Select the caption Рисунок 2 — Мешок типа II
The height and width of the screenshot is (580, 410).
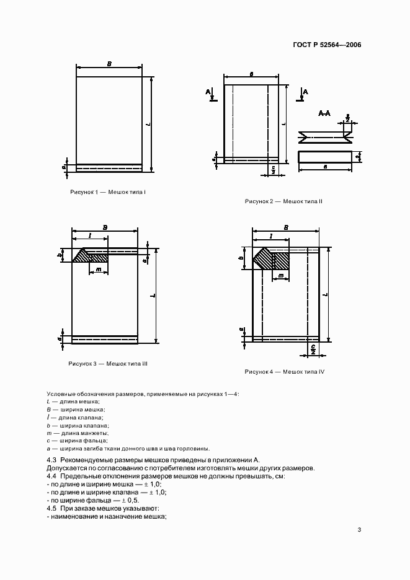click(283, 201)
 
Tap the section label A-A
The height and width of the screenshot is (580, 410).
click(324, 113)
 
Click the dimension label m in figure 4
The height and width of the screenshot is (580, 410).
click(280, 275)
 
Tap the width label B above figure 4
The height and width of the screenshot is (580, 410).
click(285, 227)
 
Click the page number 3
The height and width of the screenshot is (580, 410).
click(359, 529)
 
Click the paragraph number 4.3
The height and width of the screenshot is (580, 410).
click(52, 460)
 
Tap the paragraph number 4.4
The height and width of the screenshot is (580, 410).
click(52, 476)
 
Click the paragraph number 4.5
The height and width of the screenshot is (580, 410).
click(52, 508)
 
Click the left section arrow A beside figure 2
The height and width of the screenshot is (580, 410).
click(211, 94)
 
